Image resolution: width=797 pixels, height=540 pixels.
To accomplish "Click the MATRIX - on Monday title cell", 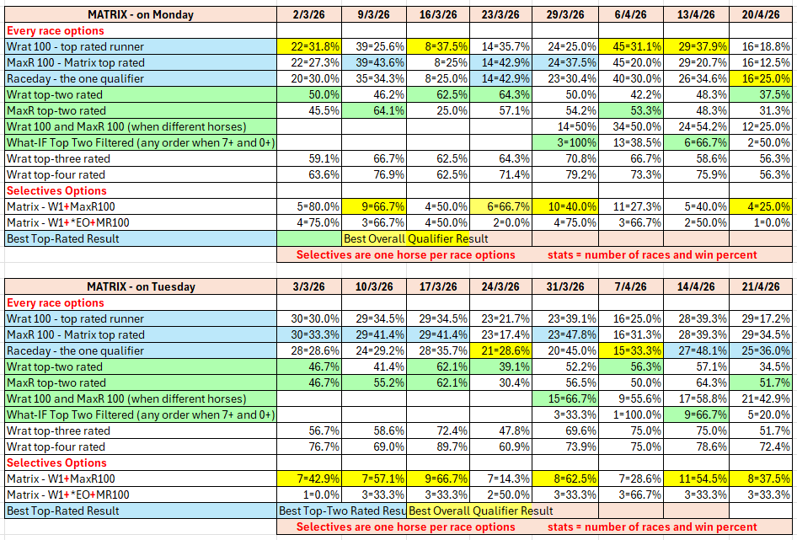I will tap(141, 14).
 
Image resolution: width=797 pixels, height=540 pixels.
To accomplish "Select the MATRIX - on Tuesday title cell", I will tap(141, 286).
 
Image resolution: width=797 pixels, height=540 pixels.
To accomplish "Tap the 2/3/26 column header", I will tap(309, 14).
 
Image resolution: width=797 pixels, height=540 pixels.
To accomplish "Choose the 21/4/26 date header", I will tap(761, 286).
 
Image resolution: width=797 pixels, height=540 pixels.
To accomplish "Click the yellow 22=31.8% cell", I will tap(309, 46).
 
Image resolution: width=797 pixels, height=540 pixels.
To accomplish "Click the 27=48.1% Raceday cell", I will tap(696, 350).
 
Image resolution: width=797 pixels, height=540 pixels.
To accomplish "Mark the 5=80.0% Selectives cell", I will tap(309, 206).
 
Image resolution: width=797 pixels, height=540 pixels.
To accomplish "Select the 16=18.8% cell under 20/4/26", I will tap(761, 46).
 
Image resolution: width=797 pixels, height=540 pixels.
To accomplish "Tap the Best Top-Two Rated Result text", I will tap(342, 511).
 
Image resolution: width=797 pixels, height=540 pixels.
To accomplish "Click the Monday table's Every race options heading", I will tap(56, 30).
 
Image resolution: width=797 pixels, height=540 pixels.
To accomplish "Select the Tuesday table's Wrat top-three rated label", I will tap(58, 430).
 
